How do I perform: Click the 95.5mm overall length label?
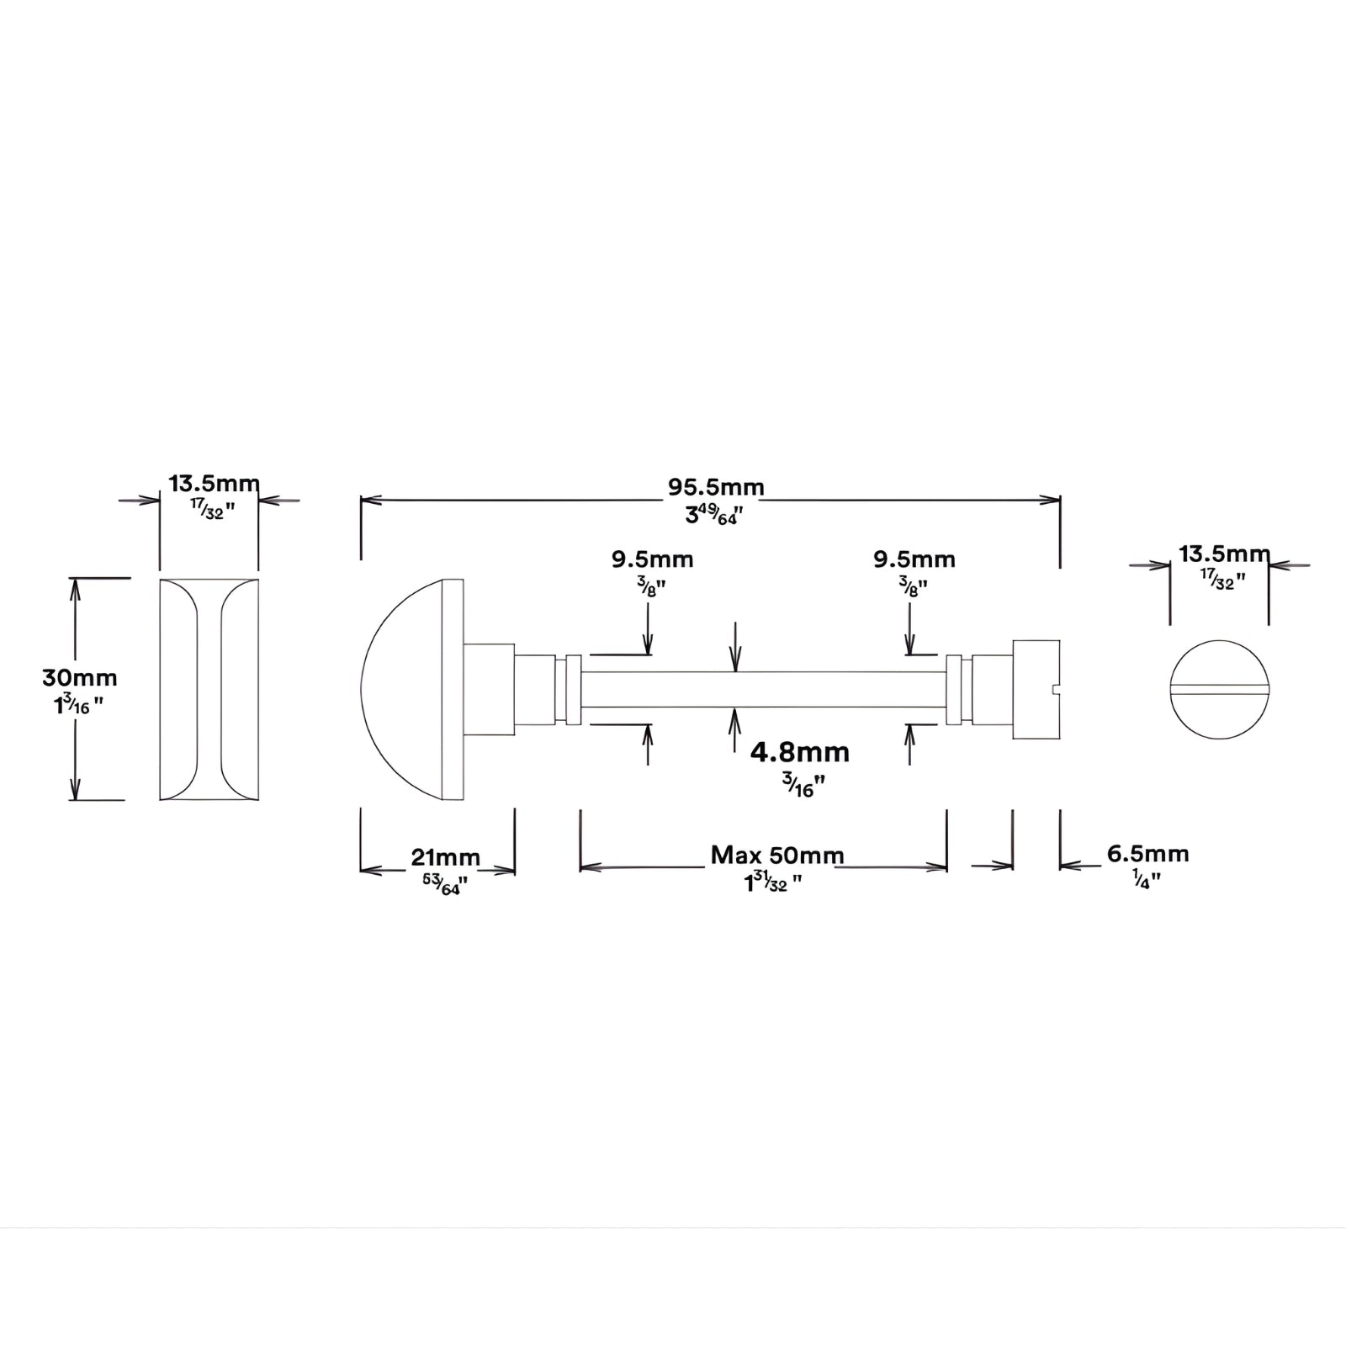pyautogui.click(x=716, y=487)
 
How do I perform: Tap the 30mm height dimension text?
pyautogui.click(x=80, y=677)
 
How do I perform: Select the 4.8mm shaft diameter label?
pyautogui.click(x=799, y=751)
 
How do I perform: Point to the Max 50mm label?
pyautogui.click(x=777, y=856)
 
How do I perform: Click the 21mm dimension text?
pyautogui.click(x=445, y=857)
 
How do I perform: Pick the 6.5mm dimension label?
pyautogui.click(x=1147, y=854)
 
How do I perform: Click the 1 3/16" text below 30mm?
pyautogui.click(x=79, y=704)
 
